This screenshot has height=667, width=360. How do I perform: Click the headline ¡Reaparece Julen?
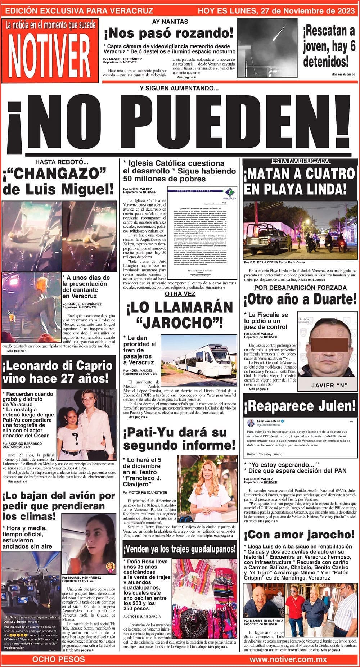300,406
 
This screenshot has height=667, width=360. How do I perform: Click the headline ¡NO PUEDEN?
180,124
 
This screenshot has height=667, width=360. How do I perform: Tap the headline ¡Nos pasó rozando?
169,33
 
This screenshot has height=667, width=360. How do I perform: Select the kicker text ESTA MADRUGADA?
300,161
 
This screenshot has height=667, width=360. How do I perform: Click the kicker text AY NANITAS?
170,22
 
